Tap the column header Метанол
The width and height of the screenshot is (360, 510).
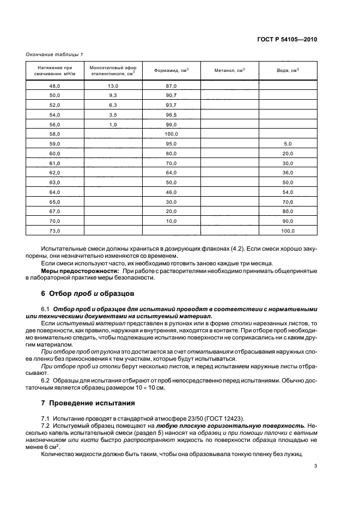point(229,70)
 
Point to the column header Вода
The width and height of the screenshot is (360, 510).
point(288,70)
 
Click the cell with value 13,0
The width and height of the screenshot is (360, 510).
point(113,86)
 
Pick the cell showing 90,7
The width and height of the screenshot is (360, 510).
point(172,95)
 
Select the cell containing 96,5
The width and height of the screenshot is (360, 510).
point(172,114)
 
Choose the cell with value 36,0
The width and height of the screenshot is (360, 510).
point(288,173)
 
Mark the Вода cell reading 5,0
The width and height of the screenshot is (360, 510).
point(288,143)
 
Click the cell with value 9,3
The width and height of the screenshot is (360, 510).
point(113,95)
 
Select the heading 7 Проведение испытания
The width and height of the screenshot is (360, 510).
point(90,404)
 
